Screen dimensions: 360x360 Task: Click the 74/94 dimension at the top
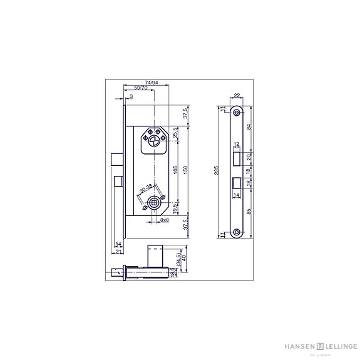pos(149,82)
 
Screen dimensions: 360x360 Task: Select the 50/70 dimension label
pos(140,89)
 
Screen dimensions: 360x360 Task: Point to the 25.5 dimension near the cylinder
pos(175,133)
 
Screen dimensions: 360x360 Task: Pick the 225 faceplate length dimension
pos(217,172)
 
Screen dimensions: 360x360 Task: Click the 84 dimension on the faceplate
pos(250,128)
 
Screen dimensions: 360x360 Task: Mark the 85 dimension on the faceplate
pos(250,211)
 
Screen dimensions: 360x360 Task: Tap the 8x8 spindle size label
pos(164,220)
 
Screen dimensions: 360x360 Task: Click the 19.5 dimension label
pos(175,206)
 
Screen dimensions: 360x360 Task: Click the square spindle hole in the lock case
pos(154,203)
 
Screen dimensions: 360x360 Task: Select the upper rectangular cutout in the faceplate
pos(237,157)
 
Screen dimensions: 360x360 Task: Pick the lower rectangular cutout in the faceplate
pos(237,183)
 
